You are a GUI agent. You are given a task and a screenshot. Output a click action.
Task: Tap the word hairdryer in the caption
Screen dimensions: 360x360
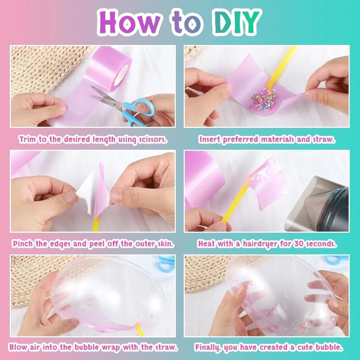[x=264, y=244]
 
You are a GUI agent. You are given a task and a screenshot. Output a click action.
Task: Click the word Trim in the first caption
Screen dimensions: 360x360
[x=27, y=139]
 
